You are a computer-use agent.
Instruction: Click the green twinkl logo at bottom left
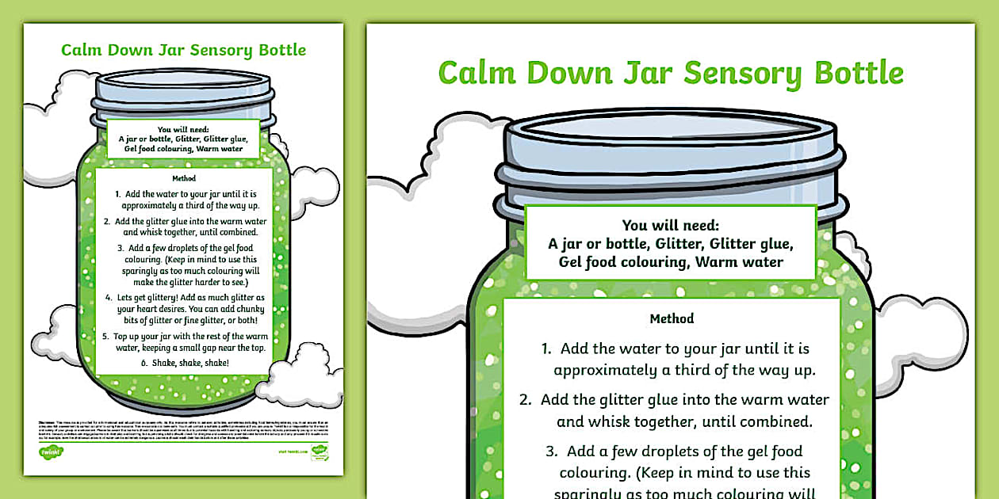coord(51,451)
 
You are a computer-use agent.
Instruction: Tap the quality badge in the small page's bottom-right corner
coord(320,451)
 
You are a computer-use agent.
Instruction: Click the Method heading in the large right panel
coord(672,318)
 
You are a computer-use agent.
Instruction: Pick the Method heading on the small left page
coord(183,178)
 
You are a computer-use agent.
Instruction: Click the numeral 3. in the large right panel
coord(552,451)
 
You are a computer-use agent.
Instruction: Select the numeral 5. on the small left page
coord(105,336)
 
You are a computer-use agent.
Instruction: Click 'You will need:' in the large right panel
coord(671,225)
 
